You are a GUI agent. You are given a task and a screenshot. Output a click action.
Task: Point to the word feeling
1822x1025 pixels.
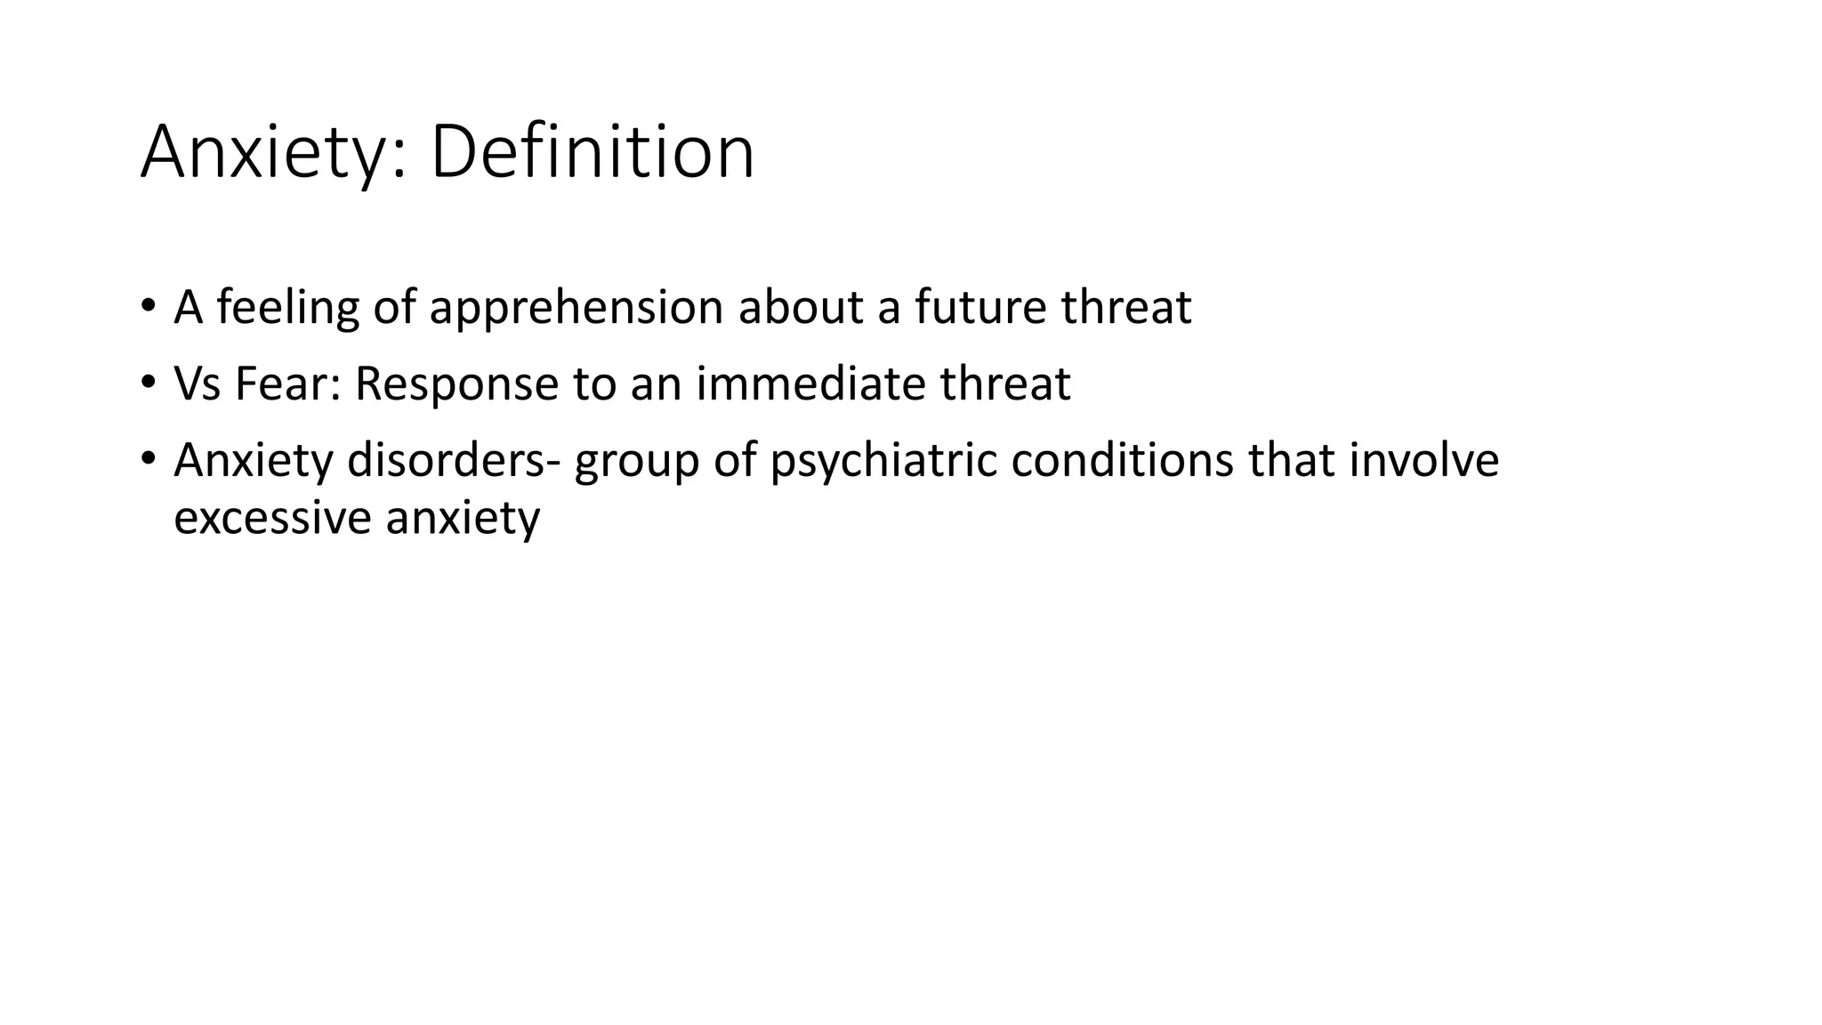pos(287,309)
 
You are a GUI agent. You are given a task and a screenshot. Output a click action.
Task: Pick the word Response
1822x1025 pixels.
pos(455,385)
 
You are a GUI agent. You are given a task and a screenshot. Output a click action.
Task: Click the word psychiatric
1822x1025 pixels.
pos(883,462)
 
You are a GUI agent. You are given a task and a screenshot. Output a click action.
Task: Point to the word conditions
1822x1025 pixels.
pos(1122,460)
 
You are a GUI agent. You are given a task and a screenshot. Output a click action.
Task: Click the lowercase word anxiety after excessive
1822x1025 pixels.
pos(463,519)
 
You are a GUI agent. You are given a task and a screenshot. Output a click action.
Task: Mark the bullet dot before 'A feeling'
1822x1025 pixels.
pos(147,305)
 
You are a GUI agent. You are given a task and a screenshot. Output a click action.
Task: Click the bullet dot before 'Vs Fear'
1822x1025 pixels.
pos(147,382)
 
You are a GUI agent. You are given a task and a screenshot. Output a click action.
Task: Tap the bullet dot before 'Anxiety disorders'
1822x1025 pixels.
pos(147,458)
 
